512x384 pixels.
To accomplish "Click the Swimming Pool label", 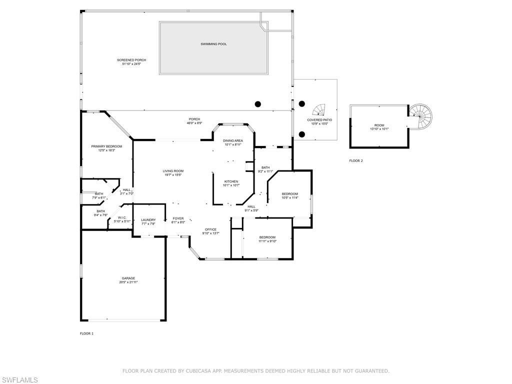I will [x=213, y=44].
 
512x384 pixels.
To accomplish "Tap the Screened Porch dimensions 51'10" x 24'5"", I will [x=131, y=64].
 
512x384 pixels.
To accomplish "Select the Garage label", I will [x=128, y=278].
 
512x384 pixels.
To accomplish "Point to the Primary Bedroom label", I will [x=106, y=146].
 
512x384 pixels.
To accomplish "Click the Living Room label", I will [x=173, y=171].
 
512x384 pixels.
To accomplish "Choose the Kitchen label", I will [x=231, y=181].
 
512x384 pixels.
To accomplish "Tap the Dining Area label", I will [x=233, y=141].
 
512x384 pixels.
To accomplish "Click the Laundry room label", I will [x=148, y=220].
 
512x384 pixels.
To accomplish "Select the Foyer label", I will [x=178, y=218].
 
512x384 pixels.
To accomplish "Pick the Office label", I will [x=210, y=229].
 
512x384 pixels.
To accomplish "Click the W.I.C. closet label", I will [x=122, y=217].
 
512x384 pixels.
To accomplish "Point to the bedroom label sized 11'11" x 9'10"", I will [x=267, y=237].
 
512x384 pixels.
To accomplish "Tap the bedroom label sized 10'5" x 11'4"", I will [x=289, y=194].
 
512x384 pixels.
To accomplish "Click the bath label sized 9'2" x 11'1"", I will [x=265, y=167].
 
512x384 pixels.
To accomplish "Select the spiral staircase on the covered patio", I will [x=318, y=109].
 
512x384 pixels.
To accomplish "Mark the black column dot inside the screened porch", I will [x=258, y=104].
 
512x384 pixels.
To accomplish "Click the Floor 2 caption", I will [x=356, y=160].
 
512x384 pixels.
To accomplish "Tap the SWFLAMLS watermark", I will [x=19, y=379].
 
